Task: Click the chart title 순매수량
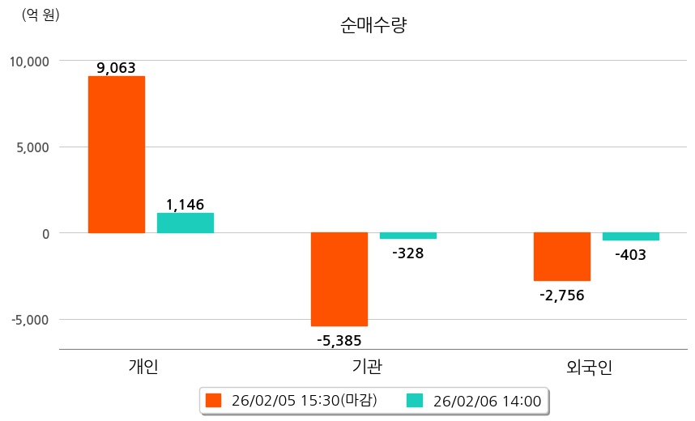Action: [x=373, y=25]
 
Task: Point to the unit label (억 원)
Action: [x=41, y=14]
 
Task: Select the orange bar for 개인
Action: [x=117, y=155]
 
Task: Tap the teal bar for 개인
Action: [x=185, y=223]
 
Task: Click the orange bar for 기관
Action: [x=339, y=279]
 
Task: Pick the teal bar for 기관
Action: [x=408, y=236]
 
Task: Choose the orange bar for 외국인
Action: [x=562, y=257]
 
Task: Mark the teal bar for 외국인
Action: [x=631, y=236]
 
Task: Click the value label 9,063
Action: [x=116, y=68]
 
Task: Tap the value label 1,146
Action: [x=185, y=205]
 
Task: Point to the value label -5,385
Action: [x=339, y=340]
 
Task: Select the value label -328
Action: [x=407, y=253]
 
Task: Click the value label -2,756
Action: [x=561, y=295]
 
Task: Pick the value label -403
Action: [x=630, y=255]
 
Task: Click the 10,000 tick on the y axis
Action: [x=30, y=61]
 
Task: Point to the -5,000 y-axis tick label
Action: [x=31, y=319]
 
